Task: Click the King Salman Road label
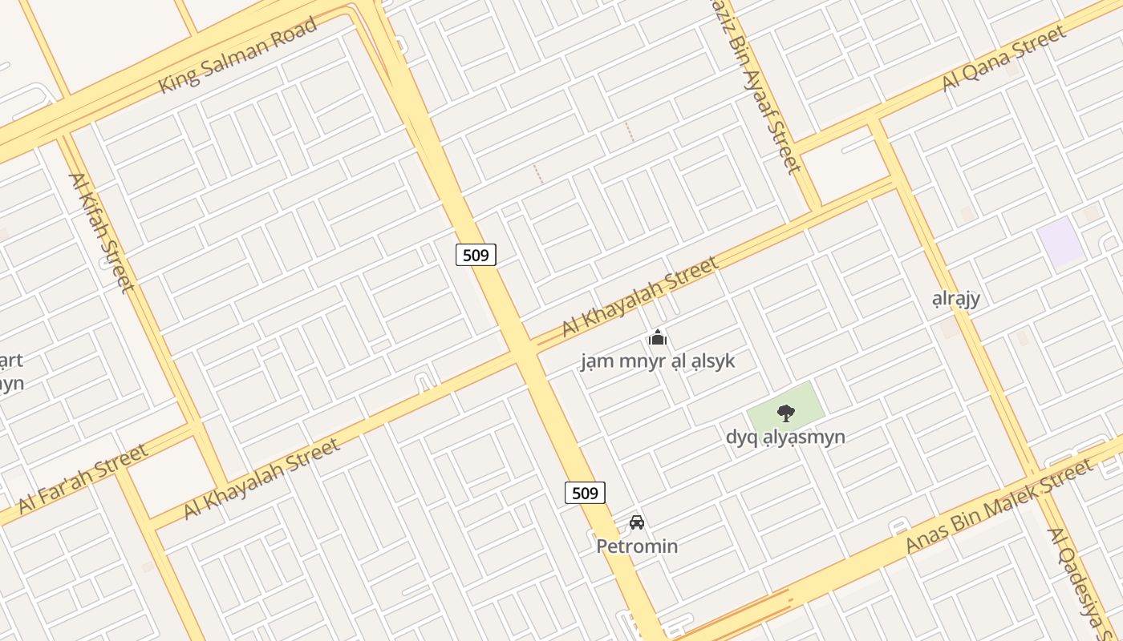click(x=237, y=54)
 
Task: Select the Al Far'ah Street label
click(x=83, y=478)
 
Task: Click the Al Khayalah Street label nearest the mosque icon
click(x=639, y=296)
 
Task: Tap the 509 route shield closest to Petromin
click(x=585, y=493)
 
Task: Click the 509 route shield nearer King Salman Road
click(x=476, y=255)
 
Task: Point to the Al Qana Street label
click(x=1003, y=58)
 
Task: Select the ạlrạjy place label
click(x=956, y=299)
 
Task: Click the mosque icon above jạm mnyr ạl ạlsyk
click(x=658, y=338)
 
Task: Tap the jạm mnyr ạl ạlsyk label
click(x=658, y=361)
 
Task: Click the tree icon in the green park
click(x=786, y=413)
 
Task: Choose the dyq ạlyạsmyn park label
click(x=785, y=437)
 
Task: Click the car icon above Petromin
click(x=637, y=522)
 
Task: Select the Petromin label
click(x=637, y=546)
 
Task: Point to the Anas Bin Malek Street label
click(x=999, y=506)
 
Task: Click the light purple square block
click(x=1060, y=241)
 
